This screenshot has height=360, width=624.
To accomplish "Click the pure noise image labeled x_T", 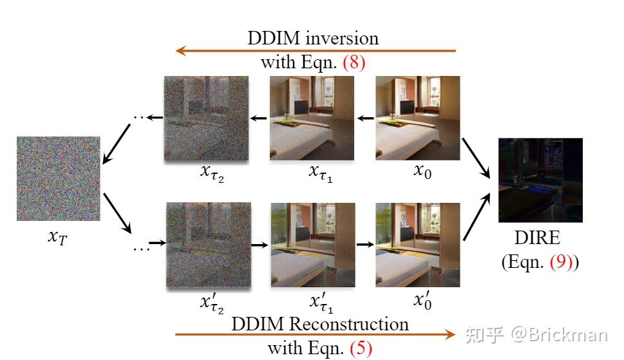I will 59,178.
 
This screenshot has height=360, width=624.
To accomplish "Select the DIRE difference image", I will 540,180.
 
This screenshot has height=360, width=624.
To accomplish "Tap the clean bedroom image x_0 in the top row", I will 417,118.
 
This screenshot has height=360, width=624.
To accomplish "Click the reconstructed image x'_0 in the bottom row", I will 417,245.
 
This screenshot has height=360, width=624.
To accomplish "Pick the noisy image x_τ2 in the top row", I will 206,118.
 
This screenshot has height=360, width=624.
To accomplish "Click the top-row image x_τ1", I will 312,118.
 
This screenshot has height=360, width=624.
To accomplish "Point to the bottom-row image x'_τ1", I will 313,245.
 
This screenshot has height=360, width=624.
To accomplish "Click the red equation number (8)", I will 354,62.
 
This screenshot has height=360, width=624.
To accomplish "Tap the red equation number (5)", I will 361,348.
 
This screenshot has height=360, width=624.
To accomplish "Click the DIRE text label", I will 537,238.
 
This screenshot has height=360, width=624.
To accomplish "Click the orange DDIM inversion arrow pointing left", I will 316,50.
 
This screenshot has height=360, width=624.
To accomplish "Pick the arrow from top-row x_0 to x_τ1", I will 366,118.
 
